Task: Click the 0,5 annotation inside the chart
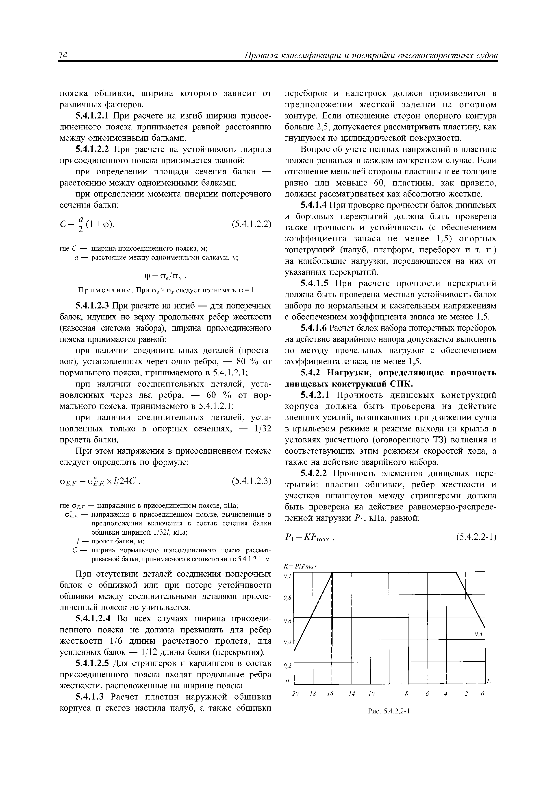click(478, 634)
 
